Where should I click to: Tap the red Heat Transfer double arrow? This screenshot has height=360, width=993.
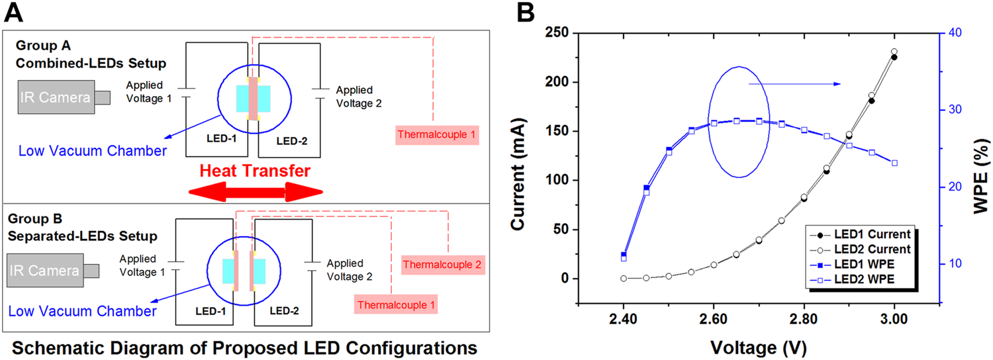point(256,193)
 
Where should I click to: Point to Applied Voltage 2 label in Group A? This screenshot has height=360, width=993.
point(359,97)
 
